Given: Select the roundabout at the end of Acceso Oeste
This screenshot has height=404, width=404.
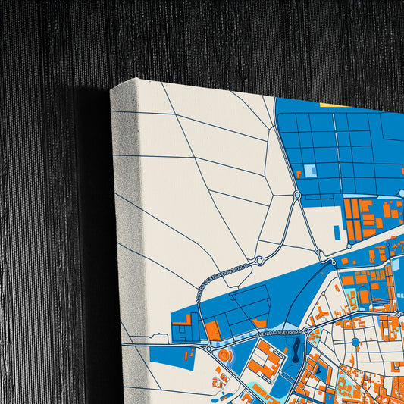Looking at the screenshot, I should point(259,262).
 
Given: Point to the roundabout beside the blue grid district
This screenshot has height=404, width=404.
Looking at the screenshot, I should point(297,196).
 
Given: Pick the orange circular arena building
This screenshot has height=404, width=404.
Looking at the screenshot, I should point(224,355).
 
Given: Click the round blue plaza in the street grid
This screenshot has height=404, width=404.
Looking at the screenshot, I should point(355,343).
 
